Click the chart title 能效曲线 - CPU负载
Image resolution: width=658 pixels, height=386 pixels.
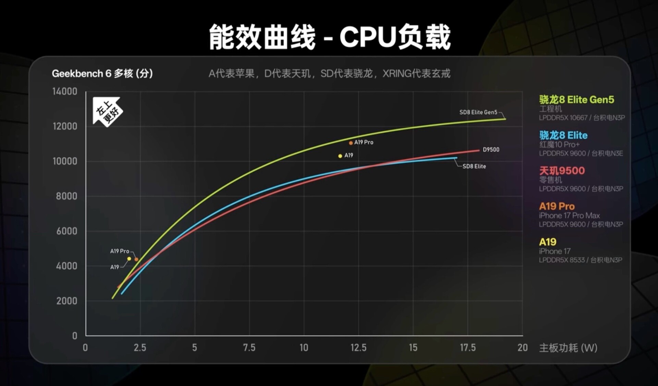point(330,37)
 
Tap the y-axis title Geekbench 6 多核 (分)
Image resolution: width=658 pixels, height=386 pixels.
point(102,73)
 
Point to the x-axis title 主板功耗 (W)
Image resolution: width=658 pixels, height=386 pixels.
point(568,348)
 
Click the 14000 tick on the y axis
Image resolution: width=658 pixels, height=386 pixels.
point(65,92)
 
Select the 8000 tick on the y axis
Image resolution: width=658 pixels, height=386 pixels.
point(66,196)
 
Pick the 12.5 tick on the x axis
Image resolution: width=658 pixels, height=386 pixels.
point(358,348)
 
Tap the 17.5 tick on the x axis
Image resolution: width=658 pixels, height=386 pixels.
point(467,348)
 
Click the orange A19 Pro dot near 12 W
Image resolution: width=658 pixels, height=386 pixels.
point(351,143)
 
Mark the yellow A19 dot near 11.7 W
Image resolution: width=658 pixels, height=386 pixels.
point(340,156)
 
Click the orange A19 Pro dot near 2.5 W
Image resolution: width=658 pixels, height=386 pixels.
point(136,260)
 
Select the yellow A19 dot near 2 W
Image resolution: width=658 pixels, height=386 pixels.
point(129,259)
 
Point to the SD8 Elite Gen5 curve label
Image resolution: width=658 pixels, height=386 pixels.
point(478,112)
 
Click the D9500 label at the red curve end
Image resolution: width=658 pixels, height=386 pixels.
point(491,149)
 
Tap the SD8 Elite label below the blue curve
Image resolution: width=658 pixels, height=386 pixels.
point(474,166)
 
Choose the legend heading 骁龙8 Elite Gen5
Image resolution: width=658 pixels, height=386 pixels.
point(576,100)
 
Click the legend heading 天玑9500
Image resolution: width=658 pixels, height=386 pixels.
point(562,171)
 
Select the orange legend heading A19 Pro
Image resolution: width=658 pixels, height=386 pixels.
point(557,206)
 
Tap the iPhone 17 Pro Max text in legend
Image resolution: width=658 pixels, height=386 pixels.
point(569,216)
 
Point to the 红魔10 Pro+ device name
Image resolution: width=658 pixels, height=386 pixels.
point(559,145)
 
